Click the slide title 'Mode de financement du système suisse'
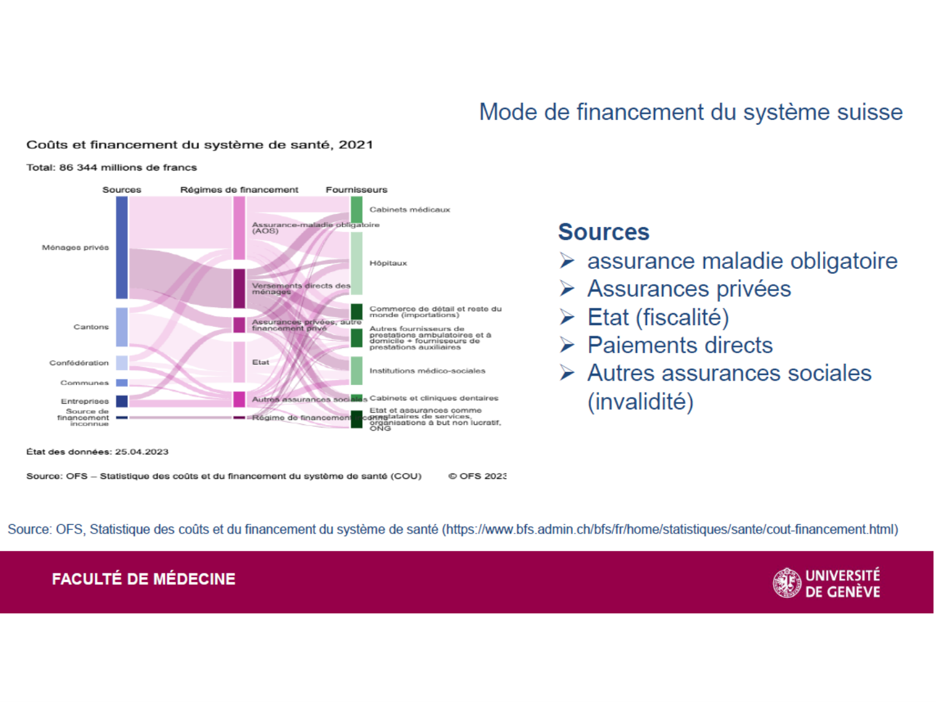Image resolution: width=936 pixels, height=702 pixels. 690,112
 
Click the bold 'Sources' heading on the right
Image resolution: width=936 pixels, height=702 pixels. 603,232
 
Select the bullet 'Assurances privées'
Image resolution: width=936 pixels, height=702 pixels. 688,289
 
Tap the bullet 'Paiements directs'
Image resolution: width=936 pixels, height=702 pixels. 680,345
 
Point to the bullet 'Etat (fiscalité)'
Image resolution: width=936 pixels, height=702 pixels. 658,317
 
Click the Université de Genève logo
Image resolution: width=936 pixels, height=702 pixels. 826,583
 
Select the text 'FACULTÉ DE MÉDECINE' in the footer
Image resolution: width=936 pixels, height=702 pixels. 144,579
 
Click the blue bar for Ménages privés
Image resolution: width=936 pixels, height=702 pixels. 122,247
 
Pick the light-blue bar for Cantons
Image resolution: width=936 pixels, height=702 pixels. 122,327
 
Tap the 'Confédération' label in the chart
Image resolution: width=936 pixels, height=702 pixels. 79,363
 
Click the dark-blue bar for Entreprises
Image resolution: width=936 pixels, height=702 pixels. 122,401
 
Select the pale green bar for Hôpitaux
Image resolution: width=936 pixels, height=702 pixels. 356,263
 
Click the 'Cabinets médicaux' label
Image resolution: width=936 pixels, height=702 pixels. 409,210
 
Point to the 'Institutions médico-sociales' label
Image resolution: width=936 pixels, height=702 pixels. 427,371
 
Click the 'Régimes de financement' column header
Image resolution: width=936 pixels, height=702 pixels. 239,190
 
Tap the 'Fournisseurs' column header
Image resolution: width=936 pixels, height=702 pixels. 356,190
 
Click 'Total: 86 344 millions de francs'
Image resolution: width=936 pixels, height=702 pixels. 111,167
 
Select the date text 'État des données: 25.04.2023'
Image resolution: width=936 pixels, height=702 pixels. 97,452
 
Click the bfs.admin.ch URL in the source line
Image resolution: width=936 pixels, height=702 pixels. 670,530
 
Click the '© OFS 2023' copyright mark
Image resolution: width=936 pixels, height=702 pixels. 477,476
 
